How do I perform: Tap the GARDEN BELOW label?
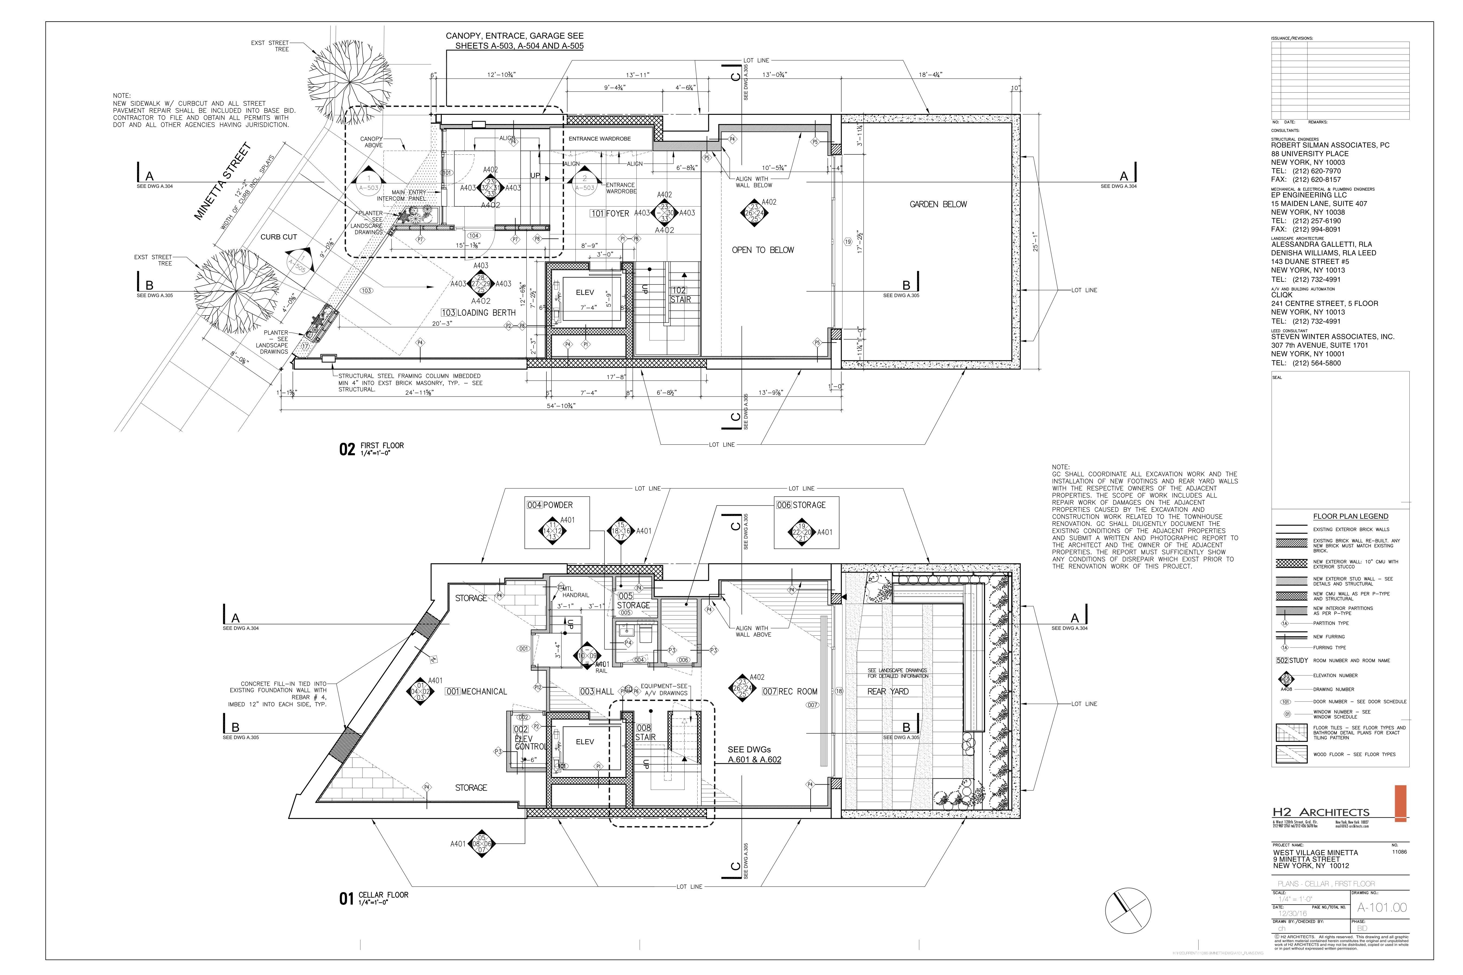(938, 204)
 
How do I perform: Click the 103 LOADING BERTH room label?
(478, 313)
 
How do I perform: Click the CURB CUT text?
(279, 237)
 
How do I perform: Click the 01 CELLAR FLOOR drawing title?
(373, 898)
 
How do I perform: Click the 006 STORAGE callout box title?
(801, 505)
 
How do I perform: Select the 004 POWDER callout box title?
(550, 505)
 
